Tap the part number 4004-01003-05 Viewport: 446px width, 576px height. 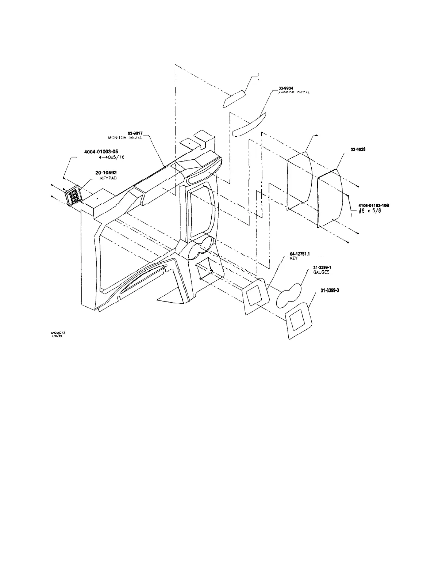(x=104, y=151)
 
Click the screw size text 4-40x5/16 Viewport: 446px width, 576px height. (x=109, y=157)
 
